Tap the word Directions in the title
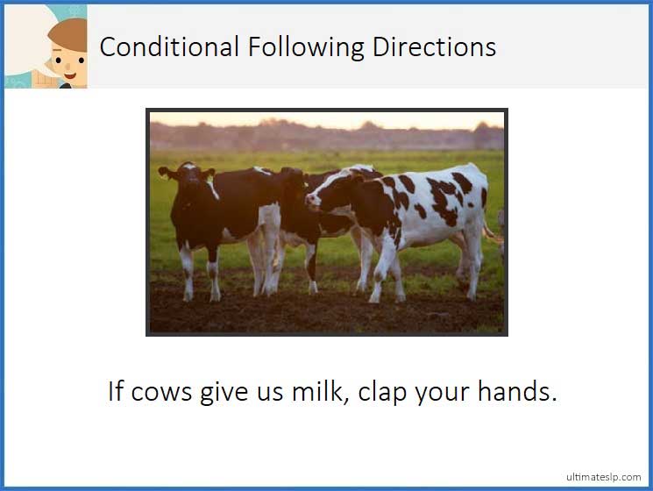(x=434, y=46)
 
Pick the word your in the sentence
(x=444, y=392)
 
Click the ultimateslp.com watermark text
(x=604, y=477)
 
